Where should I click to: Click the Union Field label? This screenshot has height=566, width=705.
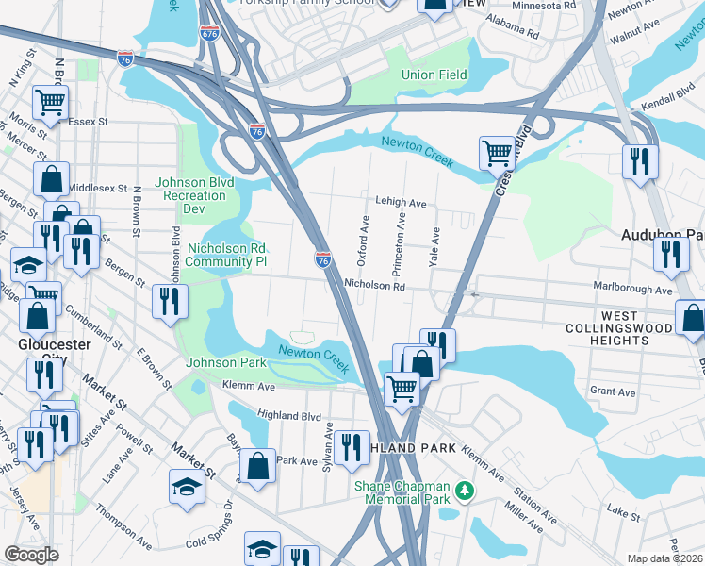tap(434, 75)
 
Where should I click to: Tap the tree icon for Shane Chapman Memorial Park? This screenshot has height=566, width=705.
tap(463, 491)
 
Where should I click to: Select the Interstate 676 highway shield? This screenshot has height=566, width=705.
tap(209, 33)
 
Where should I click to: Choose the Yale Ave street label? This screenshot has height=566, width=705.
tap(434, 247)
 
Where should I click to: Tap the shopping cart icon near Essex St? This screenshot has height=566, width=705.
tap(50, 101)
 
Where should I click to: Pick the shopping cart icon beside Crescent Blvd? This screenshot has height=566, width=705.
tap(496, 151)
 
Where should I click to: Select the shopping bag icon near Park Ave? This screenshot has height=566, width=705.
tap(257, 464)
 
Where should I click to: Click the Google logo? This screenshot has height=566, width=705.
tap(31, 555)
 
